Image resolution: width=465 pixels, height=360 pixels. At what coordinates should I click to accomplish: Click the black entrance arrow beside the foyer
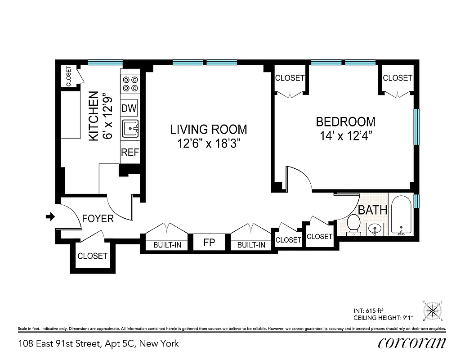point(50,217)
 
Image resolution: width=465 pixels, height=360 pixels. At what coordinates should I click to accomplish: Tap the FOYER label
point(98,219)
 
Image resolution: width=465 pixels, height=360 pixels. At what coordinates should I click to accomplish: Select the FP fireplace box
point(209,243)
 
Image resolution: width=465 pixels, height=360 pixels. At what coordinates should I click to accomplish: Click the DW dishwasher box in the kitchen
point(130,108)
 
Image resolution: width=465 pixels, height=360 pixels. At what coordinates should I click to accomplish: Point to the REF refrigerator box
point(130,153)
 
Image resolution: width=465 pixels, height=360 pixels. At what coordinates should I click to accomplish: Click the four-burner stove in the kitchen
point(130,84)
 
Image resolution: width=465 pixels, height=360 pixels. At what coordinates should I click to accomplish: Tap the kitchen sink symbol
point(130,129)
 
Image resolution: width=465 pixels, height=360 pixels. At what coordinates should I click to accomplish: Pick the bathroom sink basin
point(374,229)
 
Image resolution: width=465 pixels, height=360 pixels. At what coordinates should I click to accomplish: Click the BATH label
point(372,210)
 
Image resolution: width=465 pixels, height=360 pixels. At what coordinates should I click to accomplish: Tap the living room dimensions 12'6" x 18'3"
point(209,144)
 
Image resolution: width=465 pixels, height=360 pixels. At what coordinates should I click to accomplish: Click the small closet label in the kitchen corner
point(69,76)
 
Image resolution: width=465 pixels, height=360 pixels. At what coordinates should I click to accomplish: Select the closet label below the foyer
point(92,256)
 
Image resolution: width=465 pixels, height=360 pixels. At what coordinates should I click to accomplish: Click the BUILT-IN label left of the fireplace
point(167,245)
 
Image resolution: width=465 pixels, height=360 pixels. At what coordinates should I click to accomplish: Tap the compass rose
point(433,310)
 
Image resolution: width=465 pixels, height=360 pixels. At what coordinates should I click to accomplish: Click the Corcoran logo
point(412,343)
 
